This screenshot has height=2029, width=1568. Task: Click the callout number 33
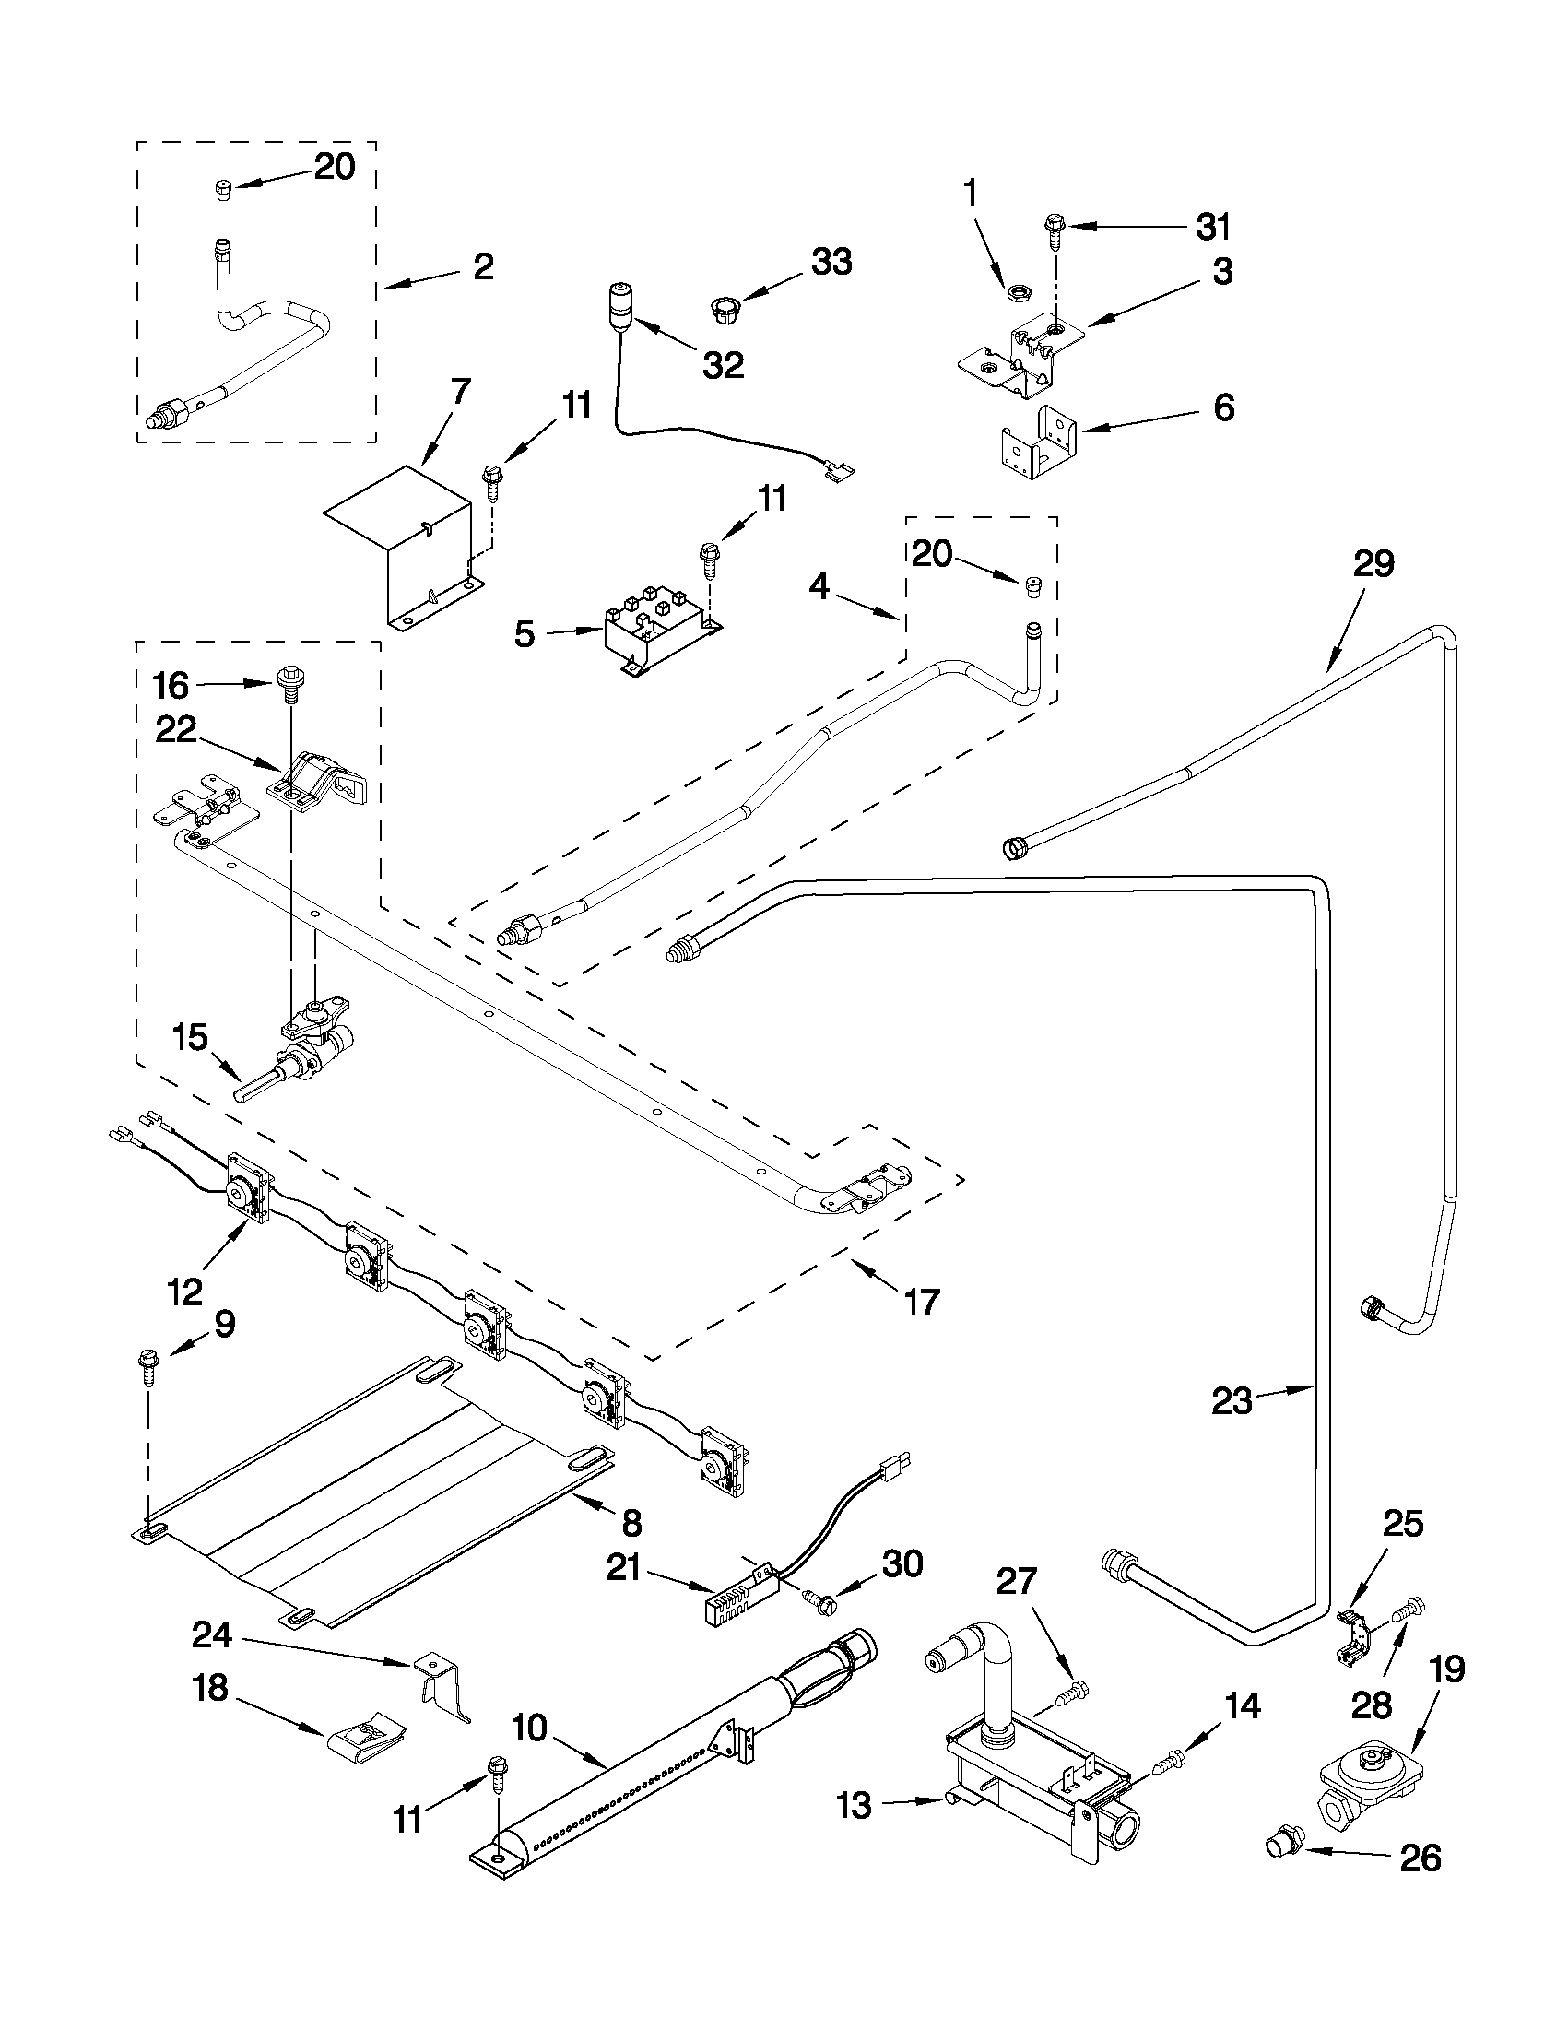[x=831, y=263]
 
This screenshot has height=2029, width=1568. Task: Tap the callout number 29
[x=1373, y=564]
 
